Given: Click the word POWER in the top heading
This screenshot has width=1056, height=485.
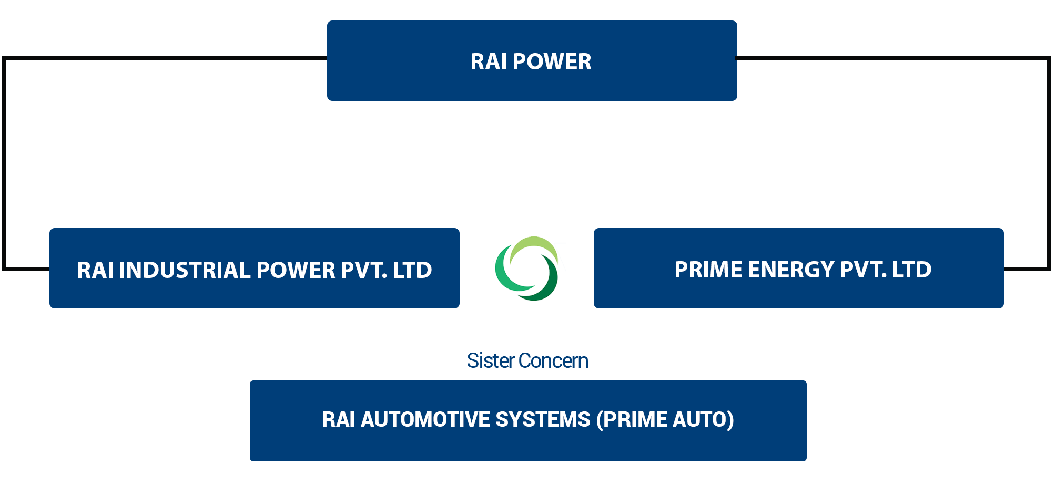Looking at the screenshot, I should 552,62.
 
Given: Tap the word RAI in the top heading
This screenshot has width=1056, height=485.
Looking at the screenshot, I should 489,62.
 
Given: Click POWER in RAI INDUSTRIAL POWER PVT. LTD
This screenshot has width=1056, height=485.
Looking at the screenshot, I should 296,271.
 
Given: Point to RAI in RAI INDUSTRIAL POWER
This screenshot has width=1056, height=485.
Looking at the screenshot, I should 95,271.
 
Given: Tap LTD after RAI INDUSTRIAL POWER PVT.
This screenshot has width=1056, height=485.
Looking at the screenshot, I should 412,271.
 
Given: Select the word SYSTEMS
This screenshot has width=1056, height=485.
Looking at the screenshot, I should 543,420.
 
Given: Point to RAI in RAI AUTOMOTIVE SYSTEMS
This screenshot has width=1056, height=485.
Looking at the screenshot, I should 338,420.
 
